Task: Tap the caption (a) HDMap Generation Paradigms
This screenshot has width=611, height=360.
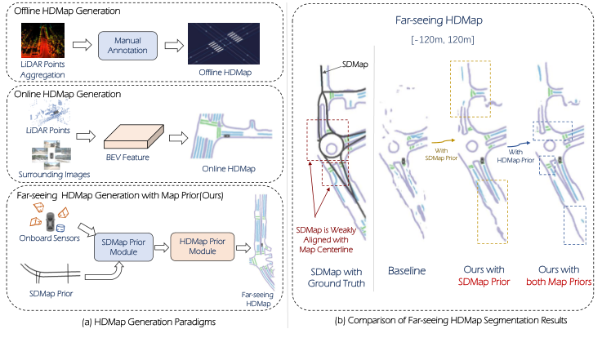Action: tap(150, 325)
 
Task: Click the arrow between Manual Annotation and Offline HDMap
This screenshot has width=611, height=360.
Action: tap(170, 45)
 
